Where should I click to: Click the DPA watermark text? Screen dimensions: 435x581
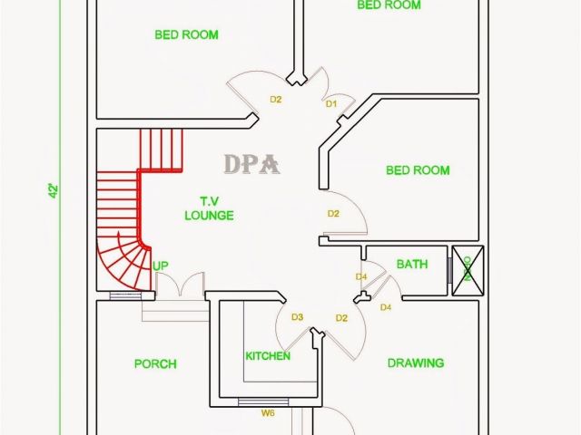[252, 164]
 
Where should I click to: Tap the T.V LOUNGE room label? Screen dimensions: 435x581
[209, 208]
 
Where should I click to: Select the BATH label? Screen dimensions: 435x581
[412, 265]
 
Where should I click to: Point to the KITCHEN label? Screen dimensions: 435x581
[268, 356]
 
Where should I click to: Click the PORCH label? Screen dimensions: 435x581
[155, 364]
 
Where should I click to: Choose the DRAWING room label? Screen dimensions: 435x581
[416, 363]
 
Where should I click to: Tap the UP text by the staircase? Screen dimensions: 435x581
[161, 266]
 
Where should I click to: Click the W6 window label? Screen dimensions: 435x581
[268, 413]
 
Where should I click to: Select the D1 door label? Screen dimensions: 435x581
[331, 104]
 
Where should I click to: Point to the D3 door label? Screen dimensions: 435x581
[297, 317]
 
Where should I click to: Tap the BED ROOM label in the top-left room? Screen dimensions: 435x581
[186, 35]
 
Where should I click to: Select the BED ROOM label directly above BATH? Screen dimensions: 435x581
[418, 170]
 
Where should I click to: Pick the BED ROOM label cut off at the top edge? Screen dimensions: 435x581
[389, 5]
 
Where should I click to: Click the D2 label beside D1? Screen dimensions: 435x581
[276, 99]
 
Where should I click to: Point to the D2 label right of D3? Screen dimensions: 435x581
[341, 318]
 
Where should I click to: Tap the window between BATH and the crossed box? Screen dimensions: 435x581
[448, 268]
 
